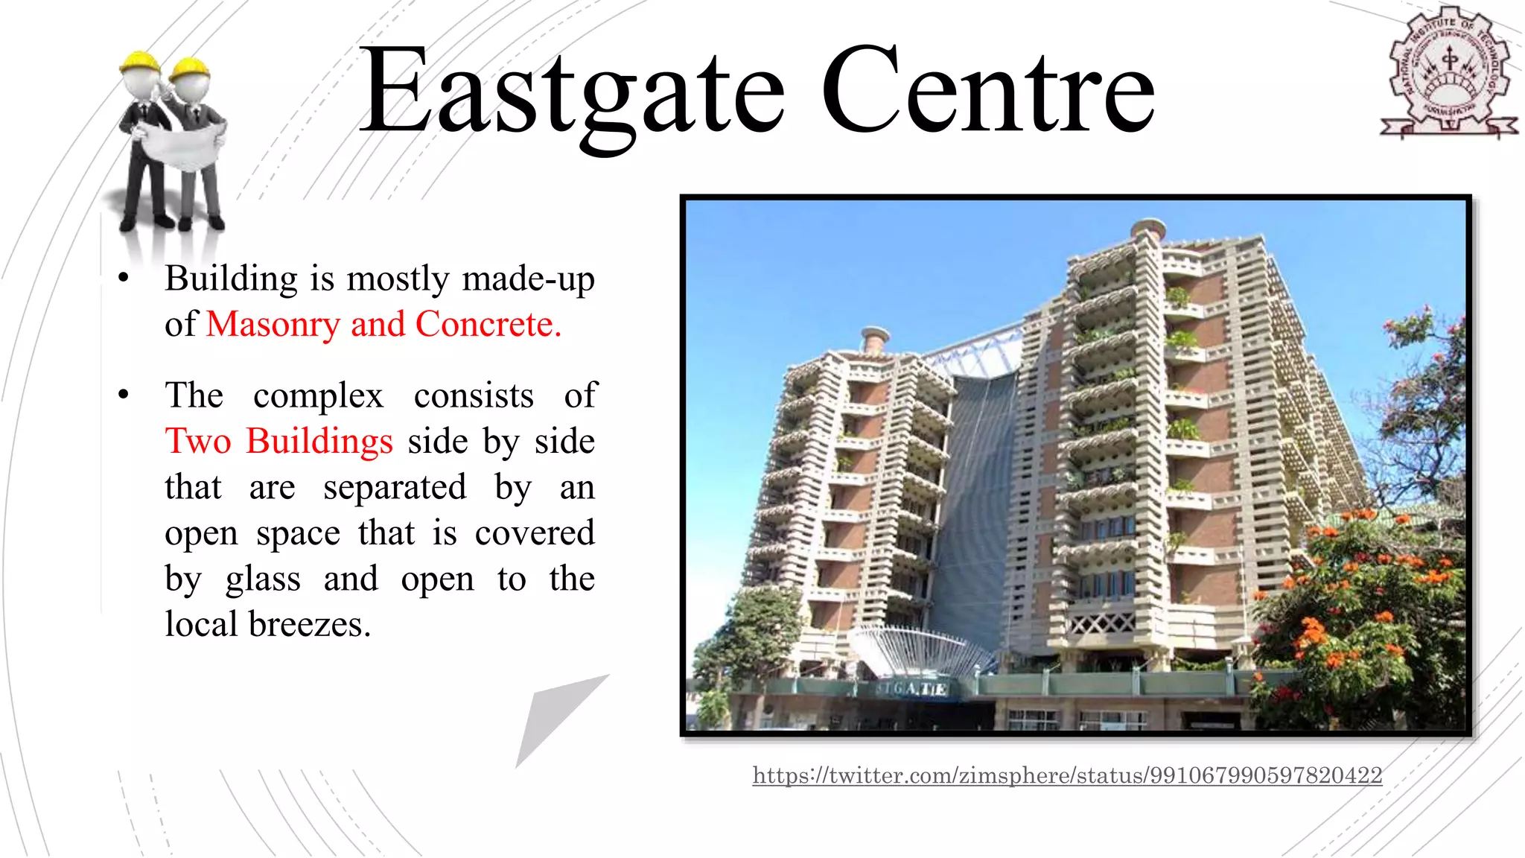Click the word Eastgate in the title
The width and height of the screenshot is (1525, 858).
[571, 93]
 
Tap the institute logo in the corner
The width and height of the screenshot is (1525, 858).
[1448, 74]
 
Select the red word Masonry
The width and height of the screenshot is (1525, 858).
[273, 325]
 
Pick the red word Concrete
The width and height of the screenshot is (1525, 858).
[488, 325]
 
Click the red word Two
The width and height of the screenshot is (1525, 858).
[198, 441]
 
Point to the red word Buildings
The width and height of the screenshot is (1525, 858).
[319, 441]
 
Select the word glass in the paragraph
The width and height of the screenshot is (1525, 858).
[264, 579]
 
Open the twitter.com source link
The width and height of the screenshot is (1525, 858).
[1066, 775]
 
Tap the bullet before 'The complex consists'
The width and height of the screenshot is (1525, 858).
[124, 395]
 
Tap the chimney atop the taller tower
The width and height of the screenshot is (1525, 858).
[1147, 230]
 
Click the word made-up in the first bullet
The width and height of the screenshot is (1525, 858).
[528, 279]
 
